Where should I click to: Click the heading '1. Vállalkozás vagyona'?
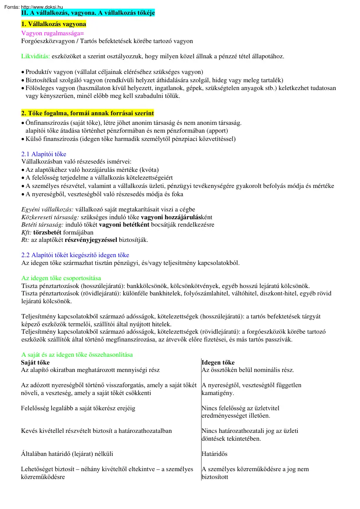[x=54, y=24]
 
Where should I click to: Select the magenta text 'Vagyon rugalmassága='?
[x=52, y=33]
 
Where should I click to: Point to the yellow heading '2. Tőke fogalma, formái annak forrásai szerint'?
[x=87, y=114]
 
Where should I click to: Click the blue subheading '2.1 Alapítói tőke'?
[x=44, y=154]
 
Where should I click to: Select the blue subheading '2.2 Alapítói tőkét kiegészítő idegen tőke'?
[x=75, y=255]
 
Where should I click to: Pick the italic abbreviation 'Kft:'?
[x=27, y=232]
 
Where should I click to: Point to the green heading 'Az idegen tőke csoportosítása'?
[x=61, y=278]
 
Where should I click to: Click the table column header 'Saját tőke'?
[x=35, y=362]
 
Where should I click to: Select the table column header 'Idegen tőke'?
[x=218, y=362]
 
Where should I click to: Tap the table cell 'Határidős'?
[x=215, y=454]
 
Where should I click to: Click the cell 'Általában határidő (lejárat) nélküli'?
[x=67, y=454]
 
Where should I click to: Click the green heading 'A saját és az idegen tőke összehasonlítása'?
[x=77, y=355]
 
